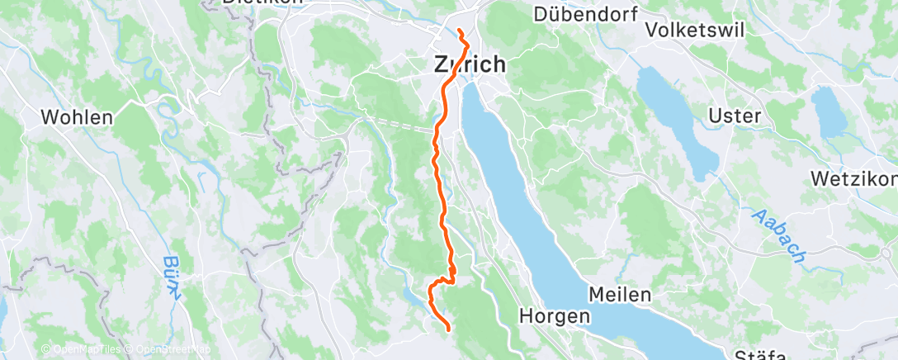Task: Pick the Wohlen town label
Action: click(78, 117)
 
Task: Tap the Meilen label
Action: click(620, 294)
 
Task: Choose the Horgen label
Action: click(555, 315)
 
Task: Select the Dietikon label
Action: click(251, 2)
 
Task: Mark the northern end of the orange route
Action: click(458, 31)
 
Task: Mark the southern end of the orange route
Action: click(448, 330)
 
